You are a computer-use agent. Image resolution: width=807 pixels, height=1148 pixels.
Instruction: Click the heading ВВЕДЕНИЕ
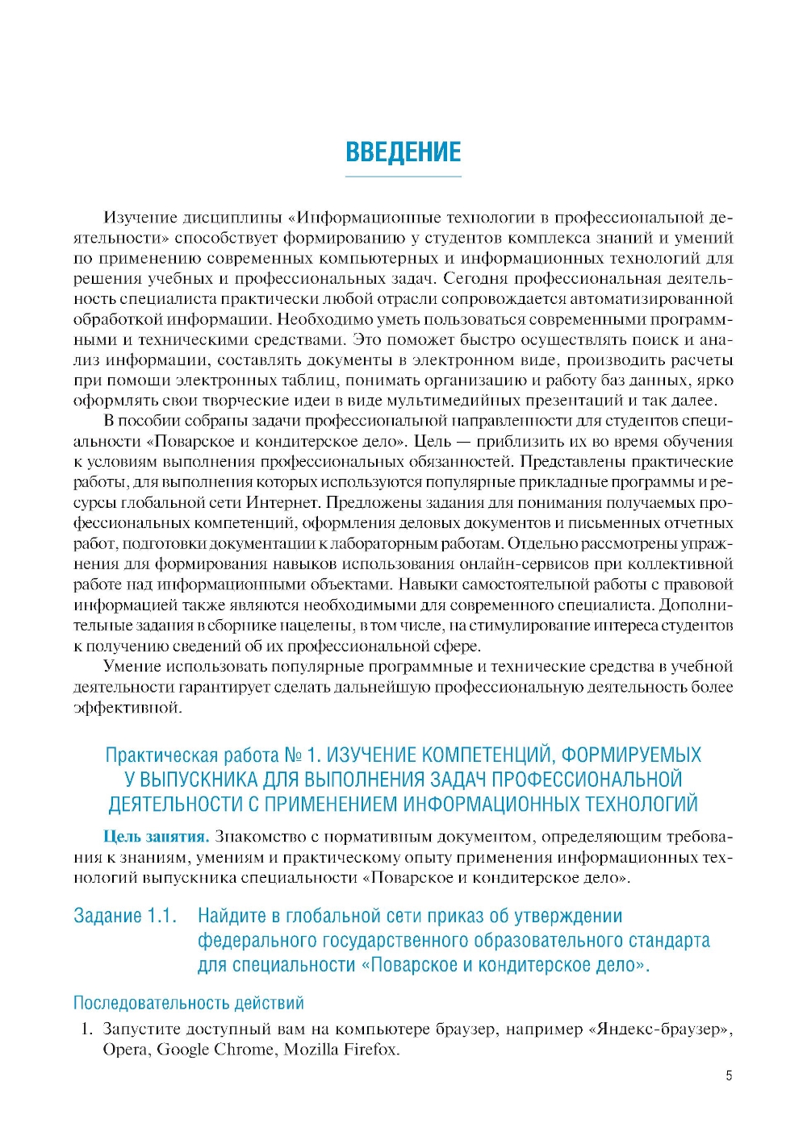403,152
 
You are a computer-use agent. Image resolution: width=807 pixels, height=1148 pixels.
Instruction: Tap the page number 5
729,1075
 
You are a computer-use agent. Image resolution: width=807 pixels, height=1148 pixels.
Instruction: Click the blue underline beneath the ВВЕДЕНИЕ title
403,176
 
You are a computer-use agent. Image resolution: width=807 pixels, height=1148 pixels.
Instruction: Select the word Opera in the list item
125,1049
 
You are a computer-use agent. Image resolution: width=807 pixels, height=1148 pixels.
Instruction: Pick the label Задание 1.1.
124,916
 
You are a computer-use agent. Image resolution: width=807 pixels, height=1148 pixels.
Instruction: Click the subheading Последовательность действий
188,1003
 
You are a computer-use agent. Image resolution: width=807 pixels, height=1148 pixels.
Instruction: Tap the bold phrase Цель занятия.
156,836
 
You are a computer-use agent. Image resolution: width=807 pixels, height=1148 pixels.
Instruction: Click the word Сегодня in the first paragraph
479,278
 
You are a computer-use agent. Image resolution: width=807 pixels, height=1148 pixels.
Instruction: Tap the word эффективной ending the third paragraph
127,707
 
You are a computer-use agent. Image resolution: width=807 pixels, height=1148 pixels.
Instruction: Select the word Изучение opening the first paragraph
139,217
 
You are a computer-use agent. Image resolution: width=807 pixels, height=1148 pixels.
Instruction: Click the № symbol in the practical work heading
293,755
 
